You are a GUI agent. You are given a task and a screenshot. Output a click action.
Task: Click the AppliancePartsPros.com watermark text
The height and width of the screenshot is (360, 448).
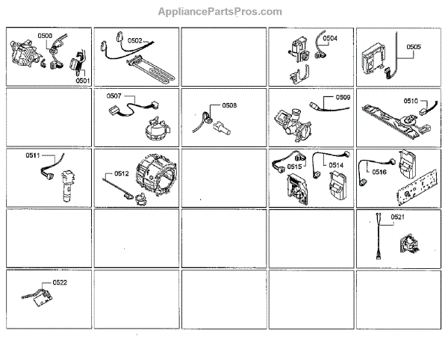coord(220,12)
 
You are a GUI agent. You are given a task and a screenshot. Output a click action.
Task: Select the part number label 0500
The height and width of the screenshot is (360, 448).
coord(45,36)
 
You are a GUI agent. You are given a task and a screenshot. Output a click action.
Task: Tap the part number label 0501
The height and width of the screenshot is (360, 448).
coord(82,80)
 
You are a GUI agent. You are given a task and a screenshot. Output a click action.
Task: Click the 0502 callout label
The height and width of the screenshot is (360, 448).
coord(135,40)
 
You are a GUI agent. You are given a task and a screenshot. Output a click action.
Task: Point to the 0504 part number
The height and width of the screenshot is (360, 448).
coord(329,39)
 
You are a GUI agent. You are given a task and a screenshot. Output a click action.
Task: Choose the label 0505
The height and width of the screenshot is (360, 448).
coord(414,46)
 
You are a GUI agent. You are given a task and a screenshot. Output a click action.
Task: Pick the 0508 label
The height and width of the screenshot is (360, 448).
coord(229,105)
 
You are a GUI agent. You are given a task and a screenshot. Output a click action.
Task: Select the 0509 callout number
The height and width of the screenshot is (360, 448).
coord(343,97)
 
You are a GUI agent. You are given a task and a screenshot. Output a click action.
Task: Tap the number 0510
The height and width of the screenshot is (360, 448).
coord(411,100)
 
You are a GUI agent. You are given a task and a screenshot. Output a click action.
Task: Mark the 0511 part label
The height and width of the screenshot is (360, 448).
coord(33,155)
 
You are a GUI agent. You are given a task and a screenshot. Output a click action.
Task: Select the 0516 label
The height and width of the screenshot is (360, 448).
coord(379,172)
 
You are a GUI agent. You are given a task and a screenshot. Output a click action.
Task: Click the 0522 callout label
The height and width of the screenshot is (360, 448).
coord(60,283)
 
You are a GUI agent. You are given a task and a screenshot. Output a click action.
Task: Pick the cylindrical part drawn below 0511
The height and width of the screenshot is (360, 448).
coord(62,183)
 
